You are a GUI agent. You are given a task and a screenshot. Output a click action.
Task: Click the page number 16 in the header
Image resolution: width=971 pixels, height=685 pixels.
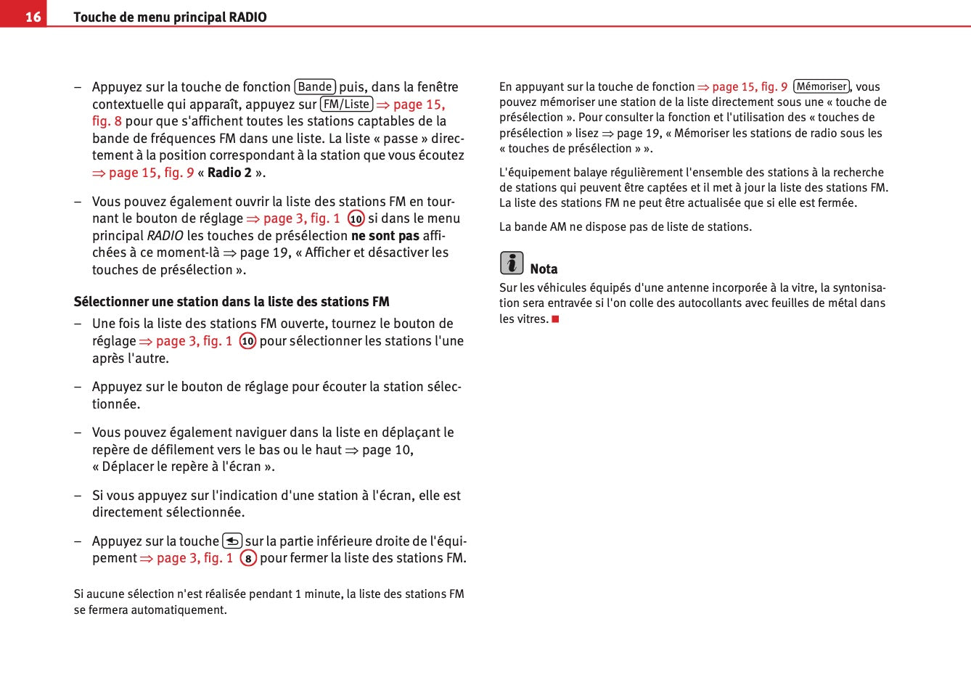pyautogui.click(x=33, y=17)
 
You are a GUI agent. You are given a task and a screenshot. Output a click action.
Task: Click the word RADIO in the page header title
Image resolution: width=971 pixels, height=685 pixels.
pyautogui.click(x=247, y=17)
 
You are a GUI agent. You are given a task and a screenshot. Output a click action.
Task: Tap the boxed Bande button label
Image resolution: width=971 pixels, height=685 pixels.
pyautogui.click(x=315, y=87)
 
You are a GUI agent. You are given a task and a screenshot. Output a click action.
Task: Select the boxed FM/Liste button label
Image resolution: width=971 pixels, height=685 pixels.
pyautogui.click(x=346, y=104)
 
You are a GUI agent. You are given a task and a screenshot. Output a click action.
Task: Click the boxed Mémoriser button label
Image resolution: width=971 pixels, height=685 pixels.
pyautogui.click(x=822, y=86)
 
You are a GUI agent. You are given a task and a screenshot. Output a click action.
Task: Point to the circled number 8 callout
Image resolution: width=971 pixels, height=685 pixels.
pyautogui.click(x=248, y=559)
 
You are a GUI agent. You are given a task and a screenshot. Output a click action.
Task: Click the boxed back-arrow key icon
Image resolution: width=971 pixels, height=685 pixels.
pyautogui.click(x=232, y=541)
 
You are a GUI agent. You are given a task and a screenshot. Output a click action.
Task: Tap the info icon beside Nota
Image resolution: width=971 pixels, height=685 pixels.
pyautogui.click(x=511, y=263)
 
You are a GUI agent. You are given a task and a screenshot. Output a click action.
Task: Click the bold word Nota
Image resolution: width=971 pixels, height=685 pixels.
pyautogui.click(x=544, y=269)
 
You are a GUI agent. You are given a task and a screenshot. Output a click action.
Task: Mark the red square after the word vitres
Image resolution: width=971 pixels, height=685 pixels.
pyautogui.click(x=555, y=319)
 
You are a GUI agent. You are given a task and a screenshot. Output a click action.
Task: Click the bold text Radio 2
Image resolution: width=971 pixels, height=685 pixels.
pyautogui.click(x=229, y=173)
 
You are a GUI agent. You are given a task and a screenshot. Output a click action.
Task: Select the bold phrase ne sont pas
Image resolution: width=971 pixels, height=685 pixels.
pyautogui.click(x=385, y=236)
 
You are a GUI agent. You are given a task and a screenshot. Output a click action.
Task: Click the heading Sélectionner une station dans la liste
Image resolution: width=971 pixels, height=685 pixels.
pyautogui.click(x=232, y=302)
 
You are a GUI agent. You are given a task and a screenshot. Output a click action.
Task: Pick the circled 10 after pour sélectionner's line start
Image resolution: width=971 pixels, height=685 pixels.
pyautogui.click(x=247, y=341)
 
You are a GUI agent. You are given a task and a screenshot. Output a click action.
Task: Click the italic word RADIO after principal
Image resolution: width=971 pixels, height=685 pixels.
pyautogui.click(x=165, y=236)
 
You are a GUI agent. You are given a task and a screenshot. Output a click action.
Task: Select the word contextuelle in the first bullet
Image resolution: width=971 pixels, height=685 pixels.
pyautogui.click(x=128, y=104)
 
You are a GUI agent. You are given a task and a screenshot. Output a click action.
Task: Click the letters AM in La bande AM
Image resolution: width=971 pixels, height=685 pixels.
pyautogui.click(x=557, y=227)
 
